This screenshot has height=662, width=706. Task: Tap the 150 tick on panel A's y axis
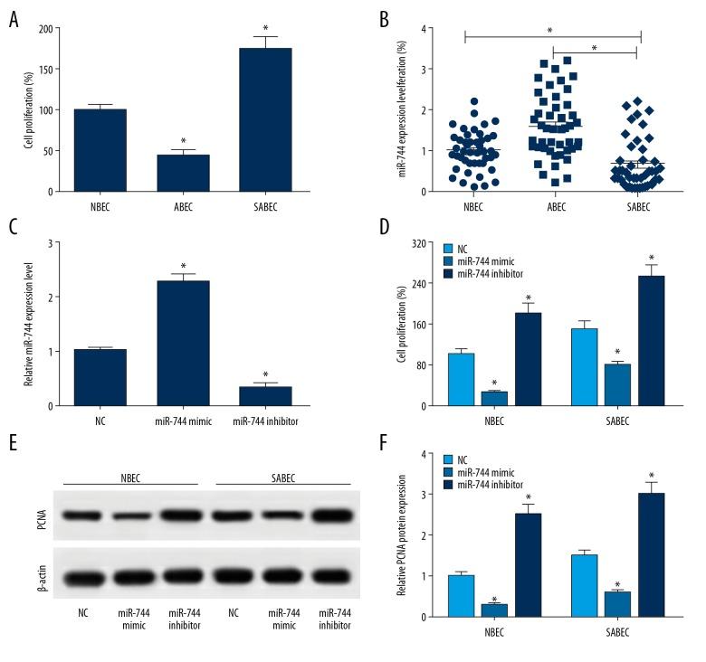pos(47,69)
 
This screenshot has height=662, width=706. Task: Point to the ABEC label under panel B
pos(552,205)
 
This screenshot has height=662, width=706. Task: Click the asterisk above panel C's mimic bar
pos(184,265)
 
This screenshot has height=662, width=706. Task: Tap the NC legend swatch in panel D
pos(450,248)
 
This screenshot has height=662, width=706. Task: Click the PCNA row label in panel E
pos(36,515)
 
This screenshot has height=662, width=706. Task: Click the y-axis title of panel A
pos(27,100)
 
